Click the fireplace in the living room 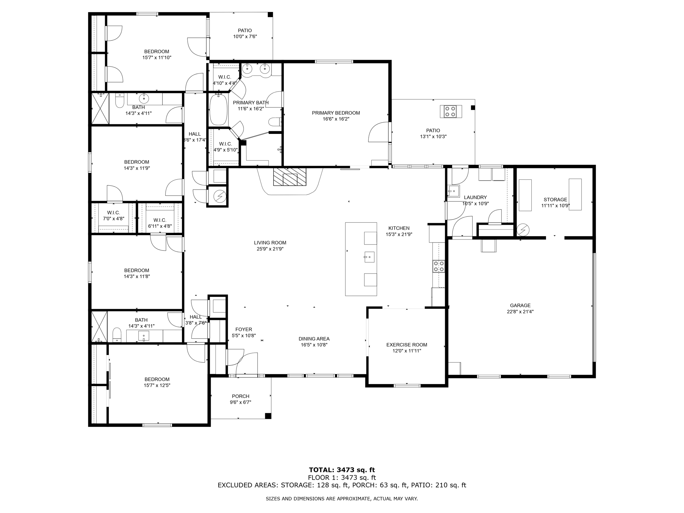[x=290, y=177]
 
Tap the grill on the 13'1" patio [x=451, y=111]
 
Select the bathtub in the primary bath [x=218, y=110]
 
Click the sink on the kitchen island [x=369, y=257]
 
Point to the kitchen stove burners [x=439, y=266]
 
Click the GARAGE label [x=520, y=305]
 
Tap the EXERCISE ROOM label [x=406, y=345]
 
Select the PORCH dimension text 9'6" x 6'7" [x=240, y=402]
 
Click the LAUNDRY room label [x=475, y=197]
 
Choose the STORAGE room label [x=555, y=200]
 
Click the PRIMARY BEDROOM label [x=336, y=113]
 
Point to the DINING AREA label [x=314, y=339]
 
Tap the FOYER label [x=243, y=329]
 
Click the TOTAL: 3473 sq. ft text [x=342, y=470]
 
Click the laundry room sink [x=454, y=191]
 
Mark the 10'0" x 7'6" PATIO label [x=245, y=33]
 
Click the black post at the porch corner [x=268, y=416]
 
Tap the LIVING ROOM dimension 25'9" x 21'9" [x=270, y=249]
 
